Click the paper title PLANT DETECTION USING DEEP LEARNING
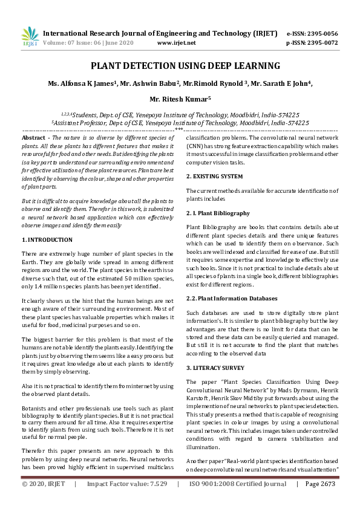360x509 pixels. pos(180,66)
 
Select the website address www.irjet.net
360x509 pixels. pos(176,43)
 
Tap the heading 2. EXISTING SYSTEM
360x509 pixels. pos(214,176)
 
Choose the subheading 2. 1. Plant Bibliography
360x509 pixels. pos(218,213)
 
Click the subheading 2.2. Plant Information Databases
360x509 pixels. pos(232,298)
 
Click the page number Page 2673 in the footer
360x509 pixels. pos(320,501)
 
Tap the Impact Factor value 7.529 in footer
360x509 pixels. pos(157,501)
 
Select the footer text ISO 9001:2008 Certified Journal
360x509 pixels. pos(238,501)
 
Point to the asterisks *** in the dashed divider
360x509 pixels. pos(179,129)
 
